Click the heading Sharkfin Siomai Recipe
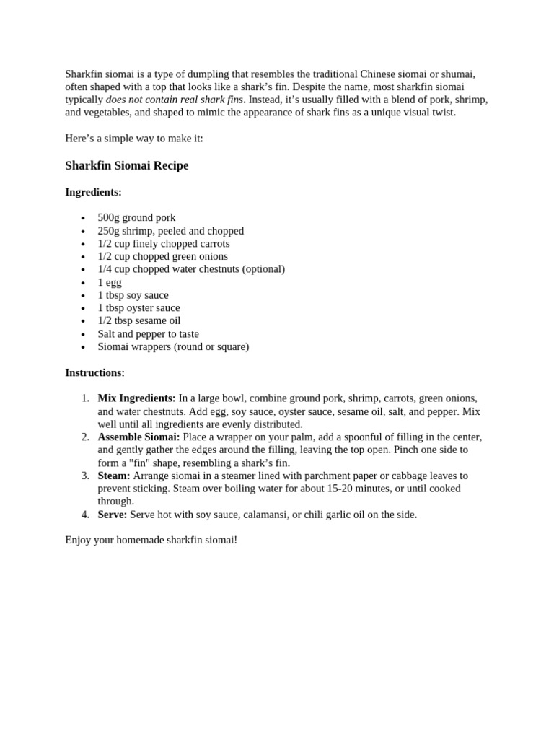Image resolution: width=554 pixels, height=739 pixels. coord(126,165)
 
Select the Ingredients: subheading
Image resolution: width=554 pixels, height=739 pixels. coord(93,192)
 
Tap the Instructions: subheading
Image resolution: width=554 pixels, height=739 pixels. coord(94,372)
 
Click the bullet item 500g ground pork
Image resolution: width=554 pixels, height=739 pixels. coord(136,217)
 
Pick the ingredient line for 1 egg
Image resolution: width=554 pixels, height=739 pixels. coord(110,282)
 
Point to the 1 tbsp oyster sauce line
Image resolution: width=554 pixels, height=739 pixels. coord(138,307)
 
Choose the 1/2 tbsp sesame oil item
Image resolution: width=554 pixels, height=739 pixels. coord(139,320)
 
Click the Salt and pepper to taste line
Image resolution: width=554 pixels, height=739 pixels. coord(148,333)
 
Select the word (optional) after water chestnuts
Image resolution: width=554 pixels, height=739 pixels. coord(263,269)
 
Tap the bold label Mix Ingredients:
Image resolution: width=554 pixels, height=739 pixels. coord(136,398)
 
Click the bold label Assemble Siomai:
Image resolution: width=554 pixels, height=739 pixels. coord(138,437)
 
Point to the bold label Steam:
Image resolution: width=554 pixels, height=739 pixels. coord(114,476)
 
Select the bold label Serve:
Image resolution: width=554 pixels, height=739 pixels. coord(113,515)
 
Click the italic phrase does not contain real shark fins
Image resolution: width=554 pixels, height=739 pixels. coord(175,100)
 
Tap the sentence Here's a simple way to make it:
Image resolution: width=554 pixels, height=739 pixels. coord(134,139)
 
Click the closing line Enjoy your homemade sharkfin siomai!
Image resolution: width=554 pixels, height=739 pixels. coord(151,540)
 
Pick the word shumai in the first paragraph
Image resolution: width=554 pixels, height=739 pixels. coord(456,74)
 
